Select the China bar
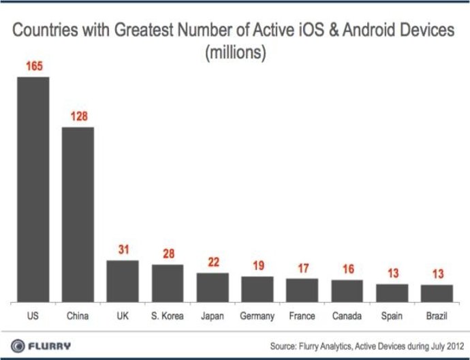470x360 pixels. click(x=78, y=214)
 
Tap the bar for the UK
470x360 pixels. click(x=123, y=280)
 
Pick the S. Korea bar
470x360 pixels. click(x=168, y=283)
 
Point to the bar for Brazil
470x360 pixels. click(x=437, y=293)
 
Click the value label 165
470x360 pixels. click(x=33, y=67)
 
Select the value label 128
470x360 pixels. click(x=79, y=117)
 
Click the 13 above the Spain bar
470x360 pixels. click(x=392, y=274)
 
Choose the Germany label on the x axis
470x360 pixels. click(x=257, y=316)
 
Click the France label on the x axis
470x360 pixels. click(x=302, y=316)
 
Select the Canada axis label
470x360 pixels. click(x=347, y=316)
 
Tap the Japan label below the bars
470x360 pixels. click(x=213, y=316)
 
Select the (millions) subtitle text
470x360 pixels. click(x=235, y=52)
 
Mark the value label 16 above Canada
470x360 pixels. click(x=347, y=269)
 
